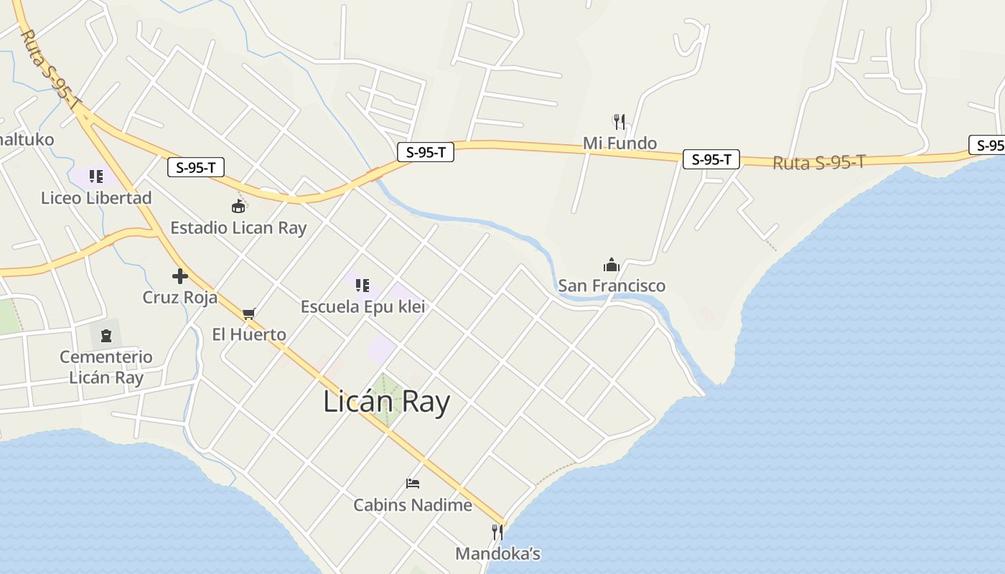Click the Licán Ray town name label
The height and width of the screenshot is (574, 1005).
tap(386, 402)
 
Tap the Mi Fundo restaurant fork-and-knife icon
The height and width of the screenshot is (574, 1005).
tap(620, 121)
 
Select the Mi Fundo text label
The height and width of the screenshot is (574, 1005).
tap(620, 143)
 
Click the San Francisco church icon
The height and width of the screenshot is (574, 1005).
tap(612, 265)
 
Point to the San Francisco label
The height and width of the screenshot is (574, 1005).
tap(612, 286)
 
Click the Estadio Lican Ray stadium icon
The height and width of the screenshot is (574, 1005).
tap(238, 207)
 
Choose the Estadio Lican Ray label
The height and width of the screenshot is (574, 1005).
tap(238, 228)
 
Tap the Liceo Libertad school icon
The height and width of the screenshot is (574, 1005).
tap(96, 177)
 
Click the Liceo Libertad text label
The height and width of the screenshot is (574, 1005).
tap(96, 198)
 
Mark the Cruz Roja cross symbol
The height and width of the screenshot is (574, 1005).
tap(180, 276)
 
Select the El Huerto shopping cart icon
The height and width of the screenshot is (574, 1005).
tap(249, 313)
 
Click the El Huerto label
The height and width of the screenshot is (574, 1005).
tap(249, 334)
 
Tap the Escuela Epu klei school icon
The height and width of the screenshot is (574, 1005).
tap(363, 286)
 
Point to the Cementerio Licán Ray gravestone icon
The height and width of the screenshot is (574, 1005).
tap(106, 335)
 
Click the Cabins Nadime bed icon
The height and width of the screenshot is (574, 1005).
tap(413, 484)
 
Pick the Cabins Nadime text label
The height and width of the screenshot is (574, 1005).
tap(413, 505)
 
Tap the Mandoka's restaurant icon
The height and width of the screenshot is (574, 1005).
tap(497, 532)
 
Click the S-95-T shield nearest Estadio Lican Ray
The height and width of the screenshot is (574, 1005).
tap(196, 168)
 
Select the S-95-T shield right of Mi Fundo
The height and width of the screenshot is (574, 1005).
tap(711, 159)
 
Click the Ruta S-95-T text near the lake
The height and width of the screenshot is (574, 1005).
tap(818, 163)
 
